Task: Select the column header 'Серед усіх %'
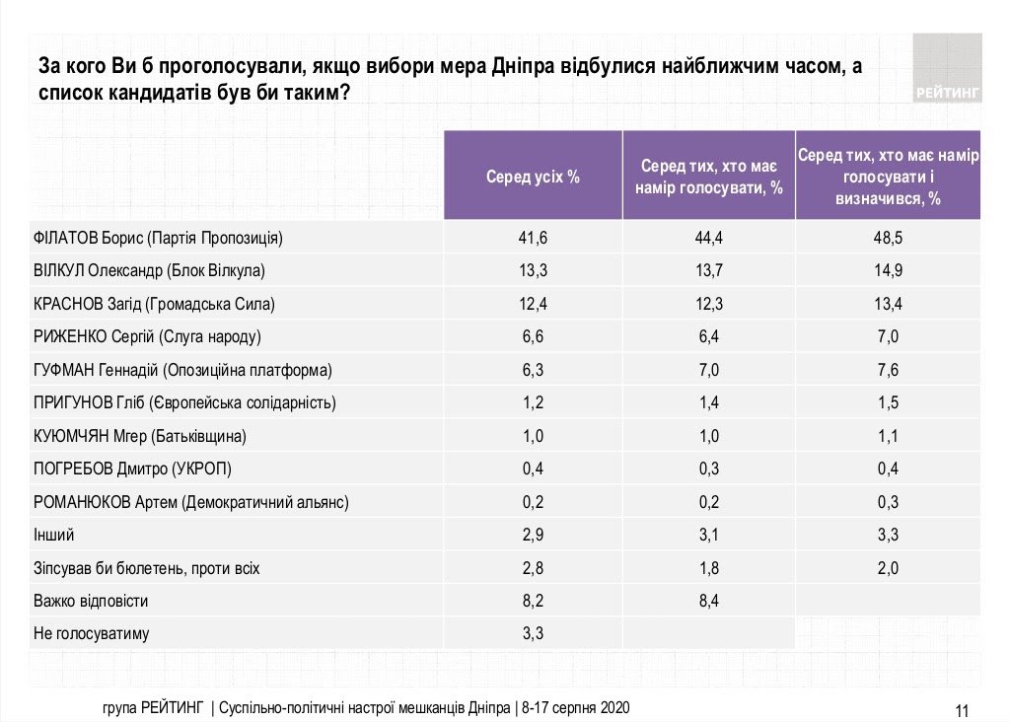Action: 533,178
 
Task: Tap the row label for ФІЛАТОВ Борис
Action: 159,238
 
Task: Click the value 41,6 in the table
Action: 533,238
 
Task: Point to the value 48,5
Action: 888,238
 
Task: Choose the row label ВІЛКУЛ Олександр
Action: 151,270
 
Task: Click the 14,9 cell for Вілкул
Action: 888,270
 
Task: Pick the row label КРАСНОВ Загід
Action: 154,304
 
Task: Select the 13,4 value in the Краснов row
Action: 888,304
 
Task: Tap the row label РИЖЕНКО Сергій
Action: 147,336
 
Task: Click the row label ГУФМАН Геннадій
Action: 182,370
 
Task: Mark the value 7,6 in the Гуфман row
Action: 888,370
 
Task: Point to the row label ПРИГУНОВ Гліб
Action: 184,402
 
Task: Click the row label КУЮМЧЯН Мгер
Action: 140,436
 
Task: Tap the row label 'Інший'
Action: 54,535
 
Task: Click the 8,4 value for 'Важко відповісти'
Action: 710,601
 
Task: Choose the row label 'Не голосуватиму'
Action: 92,633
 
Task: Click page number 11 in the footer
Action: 964,709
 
